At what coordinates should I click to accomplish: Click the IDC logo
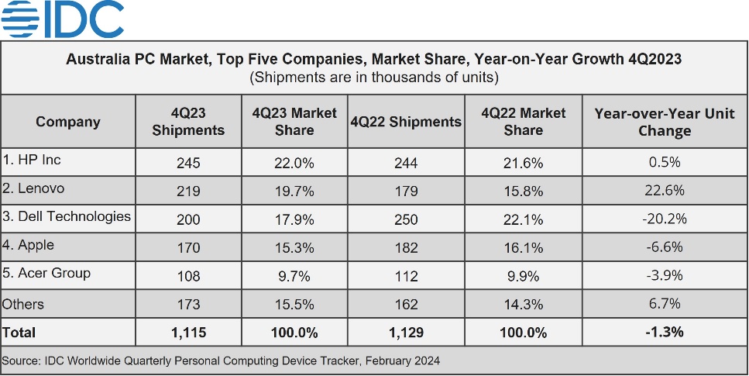[x=62, y=19]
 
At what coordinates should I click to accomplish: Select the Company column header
[x=68, y=122]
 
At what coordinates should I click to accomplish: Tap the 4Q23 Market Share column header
[x=294, y=122]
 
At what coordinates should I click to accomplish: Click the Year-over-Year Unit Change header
[x=664, y=122]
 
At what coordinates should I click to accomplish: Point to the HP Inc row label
[x=32, y=160]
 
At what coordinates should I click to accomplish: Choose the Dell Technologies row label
[x=67, y=216]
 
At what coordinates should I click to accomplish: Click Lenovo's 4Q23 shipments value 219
[x=188, y=191]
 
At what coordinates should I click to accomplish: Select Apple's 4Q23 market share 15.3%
[x=294, y=248]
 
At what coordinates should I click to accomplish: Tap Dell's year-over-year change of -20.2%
[x=664, y=219]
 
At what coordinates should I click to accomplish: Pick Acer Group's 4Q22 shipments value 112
[x=406, y=276]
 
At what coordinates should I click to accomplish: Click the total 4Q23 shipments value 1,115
[x=188, y=333]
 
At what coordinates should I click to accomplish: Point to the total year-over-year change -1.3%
[x=664, y=333]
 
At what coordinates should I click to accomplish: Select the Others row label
[x=23, y=304]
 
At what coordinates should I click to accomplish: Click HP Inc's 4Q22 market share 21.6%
[x=523, y=163]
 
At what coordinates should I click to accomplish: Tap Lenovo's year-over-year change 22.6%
[x=664, y=191]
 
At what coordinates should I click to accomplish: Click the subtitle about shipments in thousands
[x=374, y=78]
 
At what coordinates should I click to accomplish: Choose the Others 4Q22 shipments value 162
[x=406, y=304]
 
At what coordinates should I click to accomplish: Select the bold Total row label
[x=19, y=333]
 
